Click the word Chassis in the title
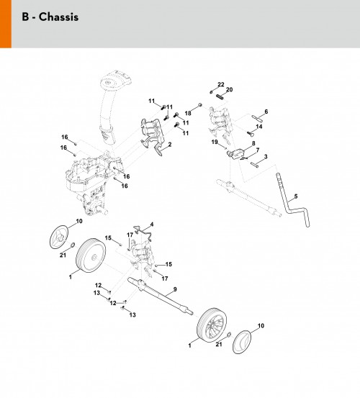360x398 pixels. coord(58,17)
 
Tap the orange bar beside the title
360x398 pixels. coord(6,24)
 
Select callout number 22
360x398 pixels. coord(221,84)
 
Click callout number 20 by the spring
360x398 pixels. coord(229,89)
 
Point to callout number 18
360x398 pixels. coord(188,113)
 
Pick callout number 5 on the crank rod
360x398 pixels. coord(295,196)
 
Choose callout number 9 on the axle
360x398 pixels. coord(175,289)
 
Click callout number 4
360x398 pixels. coord(152,225)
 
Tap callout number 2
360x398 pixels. coord(170,145)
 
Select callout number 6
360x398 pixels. coord(266,112)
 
